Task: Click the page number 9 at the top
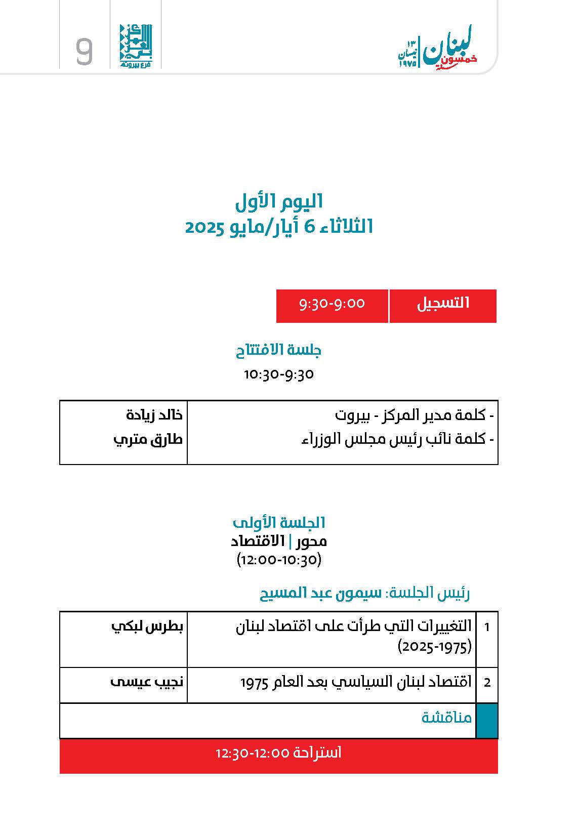coord(85,51)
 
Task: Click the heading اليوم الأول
coord(279,202)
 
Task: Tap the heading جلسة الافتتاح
coord(279,350)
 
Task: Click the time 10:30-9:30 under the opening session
coord(279,374)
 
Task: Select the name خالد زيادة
coord(154,415)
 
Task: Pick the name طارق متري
coord(148,439)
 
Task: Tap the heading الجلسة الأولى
coord(279,522)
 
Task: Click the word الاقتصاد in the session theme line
coord(258,541)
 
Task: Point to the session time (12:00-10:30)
coord(279,560)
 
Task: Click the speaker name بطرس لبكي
coord(147,626)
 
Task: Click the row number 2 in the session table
coord(487,683)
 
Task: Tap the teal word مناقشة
coord(446,718)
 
